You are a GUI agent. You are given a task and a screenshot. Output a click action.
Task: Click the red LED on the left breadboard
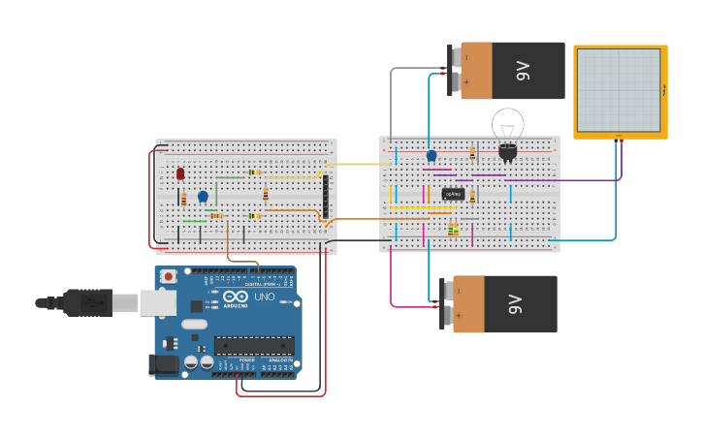click(180, 173)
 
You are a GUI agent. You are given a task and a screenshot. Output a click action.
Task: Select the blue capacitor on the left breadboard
click(203, 197)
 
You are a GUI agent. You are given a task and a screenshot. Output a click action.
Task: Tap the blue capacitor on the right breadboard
click(431, 155)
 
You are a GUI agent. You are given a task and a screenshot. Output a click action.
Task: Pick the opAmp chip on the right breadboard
click(452, 194)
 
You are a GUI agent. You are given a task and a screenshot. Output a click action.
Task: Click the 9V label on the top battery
click(524, 70)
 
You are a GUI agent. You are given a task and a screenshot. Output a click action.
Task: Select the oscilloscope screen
click(619, 90)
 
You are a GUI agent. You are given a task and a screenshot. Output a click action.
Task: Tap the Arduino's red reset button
click(169, 276)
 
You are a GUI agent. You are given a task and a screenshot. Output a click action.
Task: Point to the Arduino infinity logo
click(236, 298)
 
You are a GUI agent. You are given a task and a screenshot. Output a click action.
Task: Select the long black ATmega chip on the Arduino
click(253, 345)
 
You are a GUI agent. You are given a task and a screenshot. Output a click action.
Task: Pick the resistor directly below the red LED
click(183, 200)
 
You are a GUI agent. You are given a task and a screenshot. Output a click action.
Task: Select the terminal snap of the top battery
click(454, 70)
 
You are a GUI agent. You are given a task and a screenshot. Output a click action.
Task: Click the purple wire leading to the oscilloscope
click(562, 180)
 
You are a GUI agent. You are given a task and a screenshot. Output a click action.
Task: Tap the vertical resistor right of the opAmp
click(472, 195)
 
